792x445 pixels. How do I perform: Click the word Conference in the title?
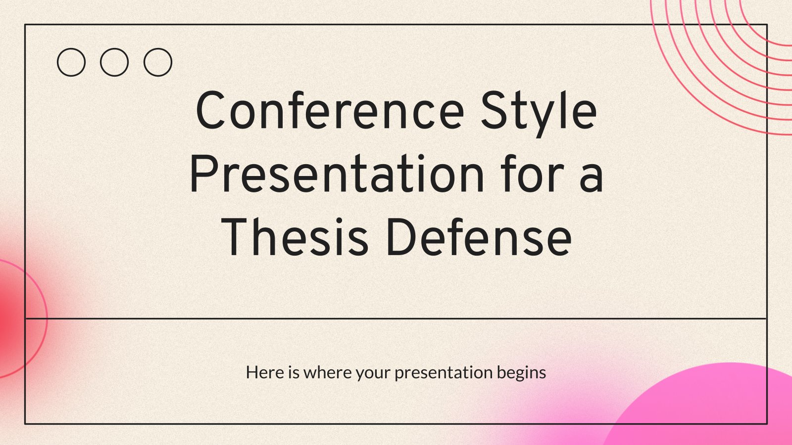click(330, 110)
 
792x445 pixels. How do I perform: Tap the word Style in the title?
click(539, 113)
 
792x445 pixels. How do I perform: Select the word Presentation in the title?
click(337, 173)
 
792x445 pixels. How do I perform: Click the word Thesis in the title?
click(295, 237)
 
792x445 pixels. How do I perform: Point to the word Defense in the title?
click(479, 237)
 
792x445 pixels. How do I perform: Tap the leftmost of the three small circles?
click(71, 62)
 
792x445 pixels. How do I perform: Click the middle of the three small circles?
click(114, 62)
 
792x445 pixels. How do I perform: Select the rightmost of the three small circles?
click(158, 62)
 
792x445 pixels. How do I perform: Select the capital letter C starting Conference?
click(211, 110)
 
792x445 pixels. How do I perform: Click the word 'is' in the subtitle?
click(294, 372)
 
